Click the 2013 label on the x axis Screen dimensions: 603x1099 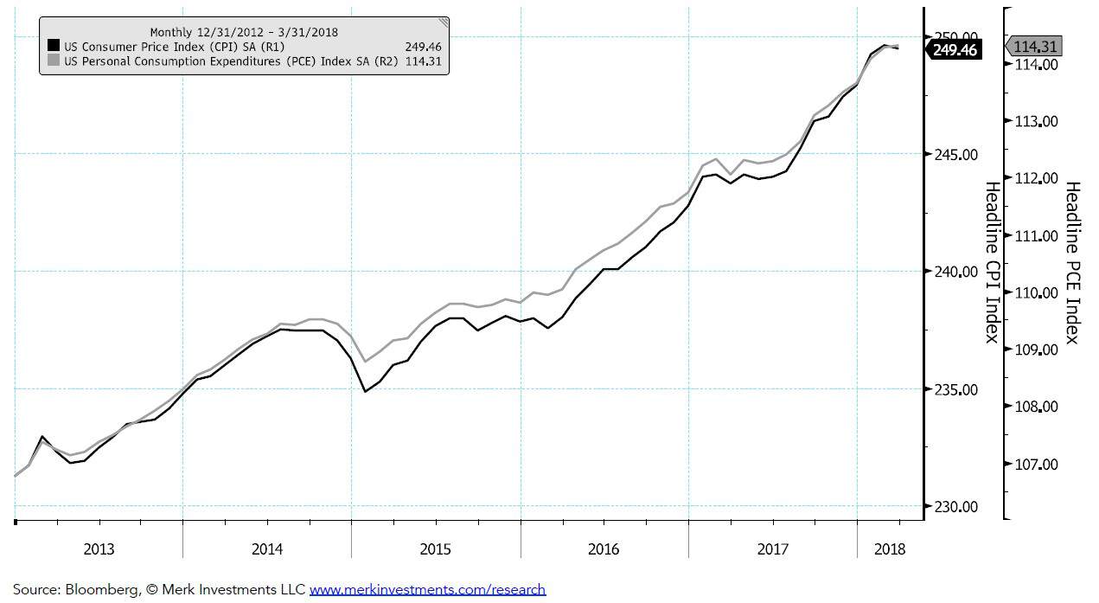coord(99,548)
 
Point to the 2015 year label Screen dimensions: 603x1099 coord(436,548)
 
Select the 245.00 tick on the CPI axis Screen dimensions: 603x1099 coord(957,154)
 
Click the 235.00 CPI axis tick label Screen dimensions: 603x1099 coord(957,389)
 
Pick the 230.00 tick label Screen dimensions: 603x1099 coord(957,506)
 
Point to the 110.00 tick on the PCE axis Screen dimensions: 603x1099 coord(1036,292)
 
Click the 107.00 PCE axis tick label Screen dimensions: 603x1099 coord(1036,464)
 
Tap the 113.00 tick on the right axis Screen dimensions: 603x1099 coord(1036,121)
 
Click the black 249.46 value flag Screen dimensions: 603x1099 coord(955,50)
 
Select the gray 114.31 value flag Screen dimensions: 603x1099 coord(1035,47)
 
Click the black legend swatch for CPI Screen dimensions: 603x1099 coord(54,46)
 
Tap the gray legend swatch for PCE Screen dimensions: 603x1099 coord(54,61)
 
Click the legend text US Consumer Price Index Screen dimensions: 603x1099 coord(156,46)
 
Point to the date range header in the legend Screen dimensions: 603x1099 coord(243,32)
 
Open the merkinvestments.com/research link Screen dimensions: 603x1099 coord(427,590)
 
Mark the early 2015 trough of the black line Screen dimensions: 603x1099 coord(365,392)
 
